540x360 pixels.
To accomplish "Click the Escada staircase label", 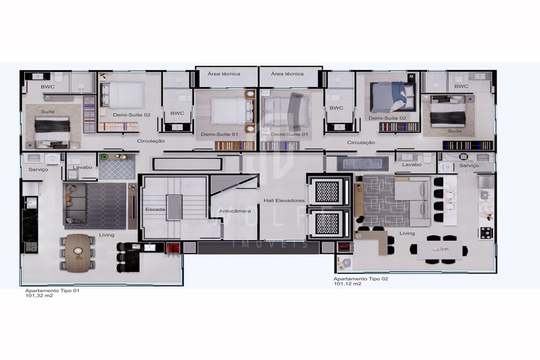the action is pyautogui.click(x=155, y=209).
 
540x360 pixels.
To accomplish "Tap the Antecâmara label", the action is pyautogui.click(x=235, y=211).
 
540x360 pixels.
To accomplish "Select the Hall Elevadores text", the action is pyautogui.click(x=284, y=200).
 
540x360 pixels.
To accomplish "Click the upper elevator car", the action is pyautogui.click(x=328, y=192).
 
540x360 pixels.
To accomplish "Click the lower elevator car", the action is pyautogui.click(x=328, y=223).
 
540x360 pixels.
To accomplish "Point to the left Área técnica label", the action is pyautogui.click(x=224, y=74).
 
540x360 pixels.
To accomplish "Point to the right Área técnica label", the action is pyautogui.click(x=287, y=74).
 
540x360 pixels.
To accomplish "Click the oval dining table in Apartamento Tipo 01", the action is pyautogui.click(x=78, y=253).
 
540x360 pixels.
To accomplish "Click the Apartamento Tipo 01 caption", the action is pyautogui.click(x=52, y=290).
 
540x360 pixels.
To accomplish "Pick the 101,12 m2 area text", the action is pyautogui.click(x=348, y=284).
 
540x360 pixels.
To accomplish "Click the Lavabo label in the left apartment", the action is pyautogui.click(x=83, y=168).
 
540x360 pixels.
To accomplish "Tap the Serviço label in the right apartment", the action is pyautogui.click(x=469, y=166).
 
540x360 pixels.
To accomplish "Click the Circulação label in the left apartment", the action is pyautogui.click(x=151, y=141).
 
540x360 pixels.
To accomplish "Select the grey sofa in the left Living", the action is pyautogui.click(x=74, y=204).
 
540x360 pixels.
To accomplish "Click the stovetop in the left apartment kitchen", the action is pyautogui.click(x=31, y=246).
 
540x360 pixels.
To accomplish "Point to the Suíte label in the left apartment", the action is pyautogui.click(x=48, y=112).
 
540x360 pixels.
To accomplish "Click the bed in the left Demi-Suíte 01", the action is pyautogui.click(x=232, y=111).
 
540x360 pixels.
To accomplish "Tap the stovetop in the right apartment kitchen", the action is pyautogui.click(x=487, y=233).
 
